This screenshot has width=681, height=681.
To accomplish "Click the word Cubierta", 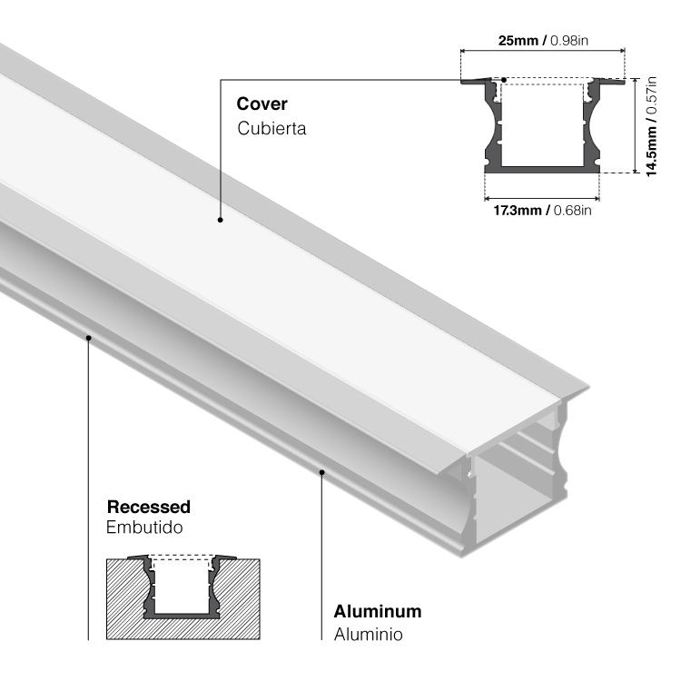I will (x=271, y=128).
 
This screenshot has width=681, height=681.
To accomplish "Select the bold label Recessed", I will (x=148, y=506).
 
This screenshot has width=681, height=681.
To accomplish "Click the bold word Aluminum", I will (x=377, y=611).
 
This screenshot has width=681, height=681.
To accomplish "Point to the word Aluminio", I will (x=368, y=634).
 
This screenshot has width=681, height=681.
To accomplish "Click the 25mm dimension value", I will (x=518, y=41).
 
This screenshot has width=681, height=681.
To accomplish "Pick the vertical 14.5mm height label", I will (x=651, y=149).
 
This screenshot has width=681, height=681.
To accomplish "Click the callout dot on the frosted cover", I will (x=220, y=219).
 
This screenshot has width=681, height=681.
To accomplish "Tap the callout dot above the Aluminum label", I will (x=322, y=471).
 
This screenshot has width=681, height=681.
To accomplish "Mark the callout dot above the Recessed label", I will (x=89, y=337).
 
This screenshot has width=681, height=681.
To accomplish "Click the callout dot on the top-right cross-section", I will (x=504, y=80).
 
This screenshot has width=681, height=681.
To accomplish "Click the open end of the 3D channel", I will (x=518, y=490).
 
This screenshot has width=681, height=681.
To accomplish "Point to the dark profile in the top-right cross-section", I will (x=541, y=167).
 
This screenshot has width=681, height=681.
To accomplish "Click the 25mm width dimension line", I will (x=542, y=52).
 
